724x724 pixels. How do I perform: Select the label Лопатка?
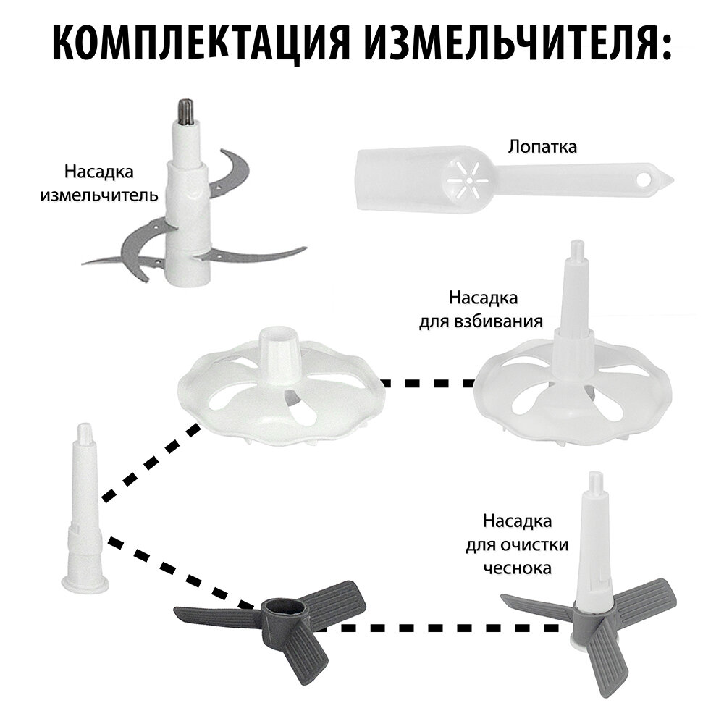click(x=542, y=147)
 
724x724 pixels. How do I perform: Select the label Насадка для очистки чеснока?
click(x=517, y=544)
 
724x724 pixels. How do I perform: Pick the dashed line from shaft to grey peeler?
click(x=177, y=572)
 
